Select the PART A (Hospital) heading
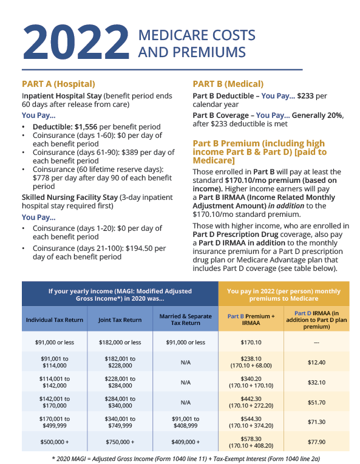click(x=58, y=84)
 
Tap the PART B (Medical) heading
click(x=228, y=84)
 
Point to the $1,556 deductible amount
click(x=89, y=126)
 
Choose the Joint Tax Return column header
click(x=120, y=320)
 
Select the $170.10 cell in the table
click(x=250, y=342)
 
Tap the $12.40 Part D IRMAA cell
click(x=317, y=363)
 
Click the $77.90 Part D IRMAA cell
click(x=317, y=442)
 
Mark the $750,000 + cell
click(x=120, y=442)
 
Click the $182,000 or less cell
click(x=120, y=342)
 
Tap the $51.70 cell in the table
click(x=317, y=402)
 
